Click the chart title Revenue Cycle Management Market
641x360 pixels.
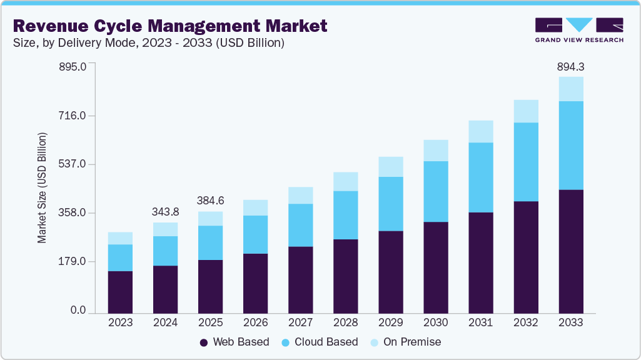pyautogui.click(x=169, y=26)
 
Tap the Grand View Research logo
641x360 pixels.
pyautogui.click(x=579, y=30)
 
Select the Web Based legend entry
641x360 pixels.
pyautogui.click(x=234, y=342)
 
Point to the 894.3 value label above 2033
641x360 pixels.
pyautogui.click(x=570, y=66)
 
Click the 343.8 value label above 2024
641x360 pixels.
pyautogui.click(x=165, y=212)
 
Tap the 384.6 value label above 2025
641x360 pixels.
pyautogui.click(x=210, y=201)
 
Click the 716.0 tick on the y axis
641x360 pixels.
pyautogui.click(x=74, y=116)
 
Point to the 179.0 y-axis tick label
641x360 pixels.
pyautogui.click(x=74, y=261)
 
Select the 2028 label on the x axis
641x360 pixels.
pyautogui.click(x=345, y=322)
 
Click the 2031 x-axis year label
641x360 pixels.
pyautogui.click(x=480, y=322)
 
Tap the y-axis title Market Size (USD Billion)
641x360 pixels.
pyautogui.click(x=42, y=187)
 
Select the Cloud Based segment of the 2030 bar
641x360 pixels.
pyautogui.click(x=435, y=191)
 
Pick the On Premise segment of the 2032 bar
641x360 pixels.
pyautogui.click(x=525, y=111)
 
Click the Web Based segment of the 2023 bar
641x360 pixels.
pyautogui.click(x=120, y=292)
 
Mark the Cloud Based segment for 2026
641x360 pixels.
pyautogui.click(x=255, y=234)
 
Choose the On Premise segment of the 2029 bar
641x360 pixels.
pyautogui.click(x=390, y=167)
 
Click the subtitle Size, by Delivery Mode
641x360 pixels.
pyautogui.click(x=148, y=43)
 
